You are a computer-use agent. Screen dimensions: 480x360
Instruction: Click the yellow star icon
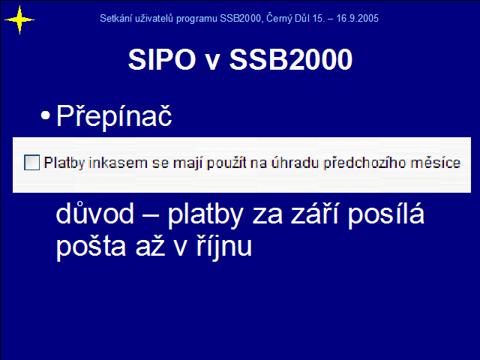coord(19,20)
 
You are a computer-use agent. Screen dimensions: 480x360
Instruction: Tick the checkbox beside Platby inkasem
coord(31,162)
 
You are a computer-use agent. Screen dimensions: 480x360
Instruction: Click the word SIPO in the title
coord(162,59)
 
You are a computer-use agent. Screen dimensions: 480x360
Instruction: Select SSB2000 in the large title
coord(291,59)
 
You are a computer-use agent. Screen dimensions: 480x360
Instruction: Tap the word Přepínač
coord(114,116)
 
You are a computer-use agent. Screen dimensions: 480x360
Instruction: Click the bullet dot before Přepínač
coord(45,115)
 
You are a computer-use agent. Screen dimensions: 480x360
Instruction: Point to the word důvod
coord(95,213)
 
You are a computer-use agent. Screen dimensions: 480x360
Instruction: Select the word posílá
coord(386,215)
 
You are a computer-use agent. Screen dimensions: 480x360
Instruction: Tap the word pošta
coord(91,247)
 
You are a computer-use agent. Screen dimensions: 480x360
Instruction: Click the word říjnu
coord(224,247)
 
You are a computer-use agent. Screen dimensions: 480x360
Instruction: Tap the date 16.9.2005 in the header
coord(357,18)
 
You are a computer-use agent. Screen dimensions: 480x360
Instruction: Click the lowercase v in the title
coord(212,62)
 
